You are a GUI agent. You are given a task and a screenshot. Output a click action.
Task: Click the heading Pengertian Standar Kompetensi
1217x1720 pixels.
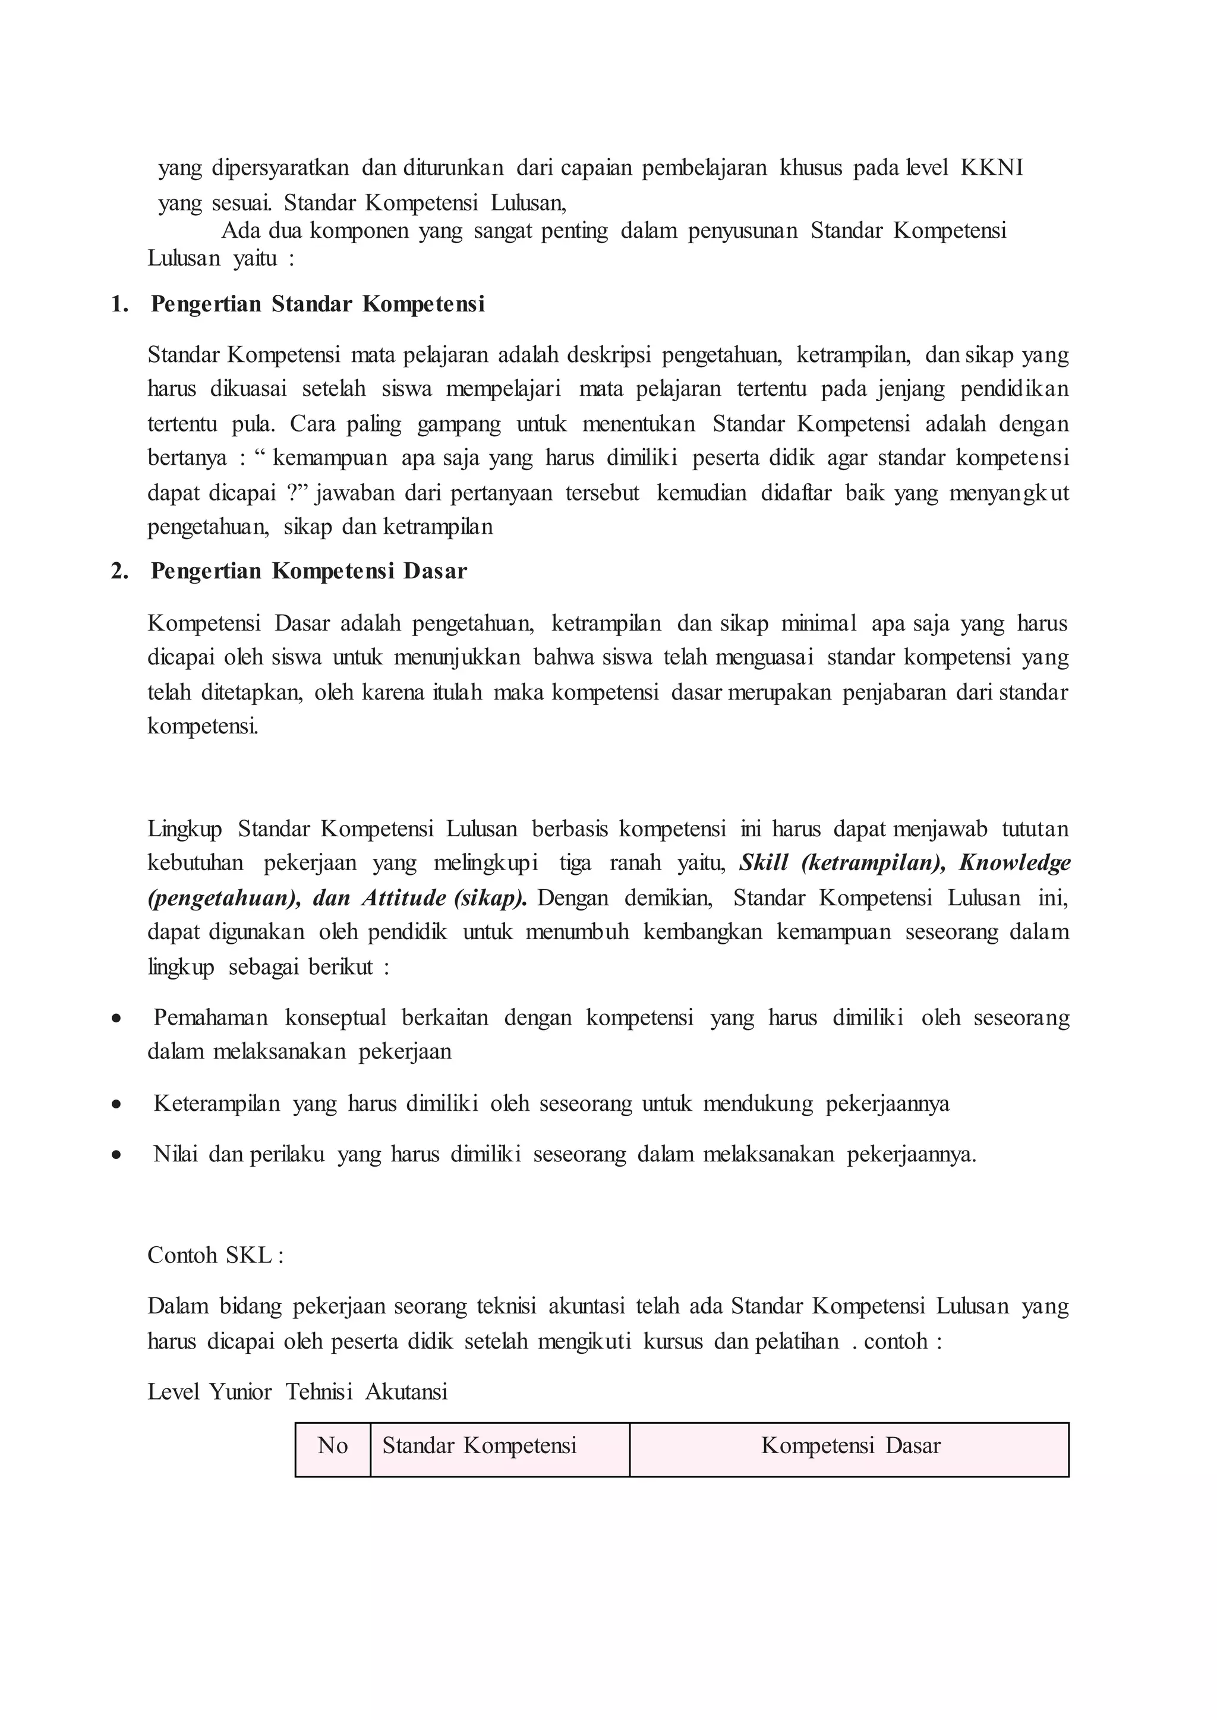click(318, 304)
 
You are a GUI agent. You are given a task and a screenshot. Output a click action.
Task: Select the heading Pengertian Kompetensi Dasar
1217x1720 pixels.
click(309, 571)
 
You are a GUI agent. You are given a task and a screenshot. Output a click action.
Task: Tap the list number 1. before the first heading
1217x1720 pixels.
click(119, 304)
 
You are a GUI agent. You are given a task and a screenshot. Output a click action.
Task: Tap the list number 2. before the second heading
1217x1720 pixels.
click(119, 571)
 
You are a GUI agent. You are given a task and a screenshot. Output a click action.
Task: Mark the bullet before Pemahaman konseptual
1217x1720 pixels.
click(116, 1019)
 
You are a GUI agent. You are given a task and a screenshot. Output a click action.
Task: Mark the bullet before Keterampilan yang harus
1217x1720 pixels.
click(116, 1105)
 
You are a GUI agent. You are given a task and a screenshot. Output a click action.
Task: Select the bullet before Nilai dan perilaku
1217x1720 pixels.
click(116, 1155)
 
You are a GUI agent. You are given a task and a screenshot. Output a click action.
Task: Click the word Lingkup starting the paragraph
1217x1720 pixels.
click(185, 829)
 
